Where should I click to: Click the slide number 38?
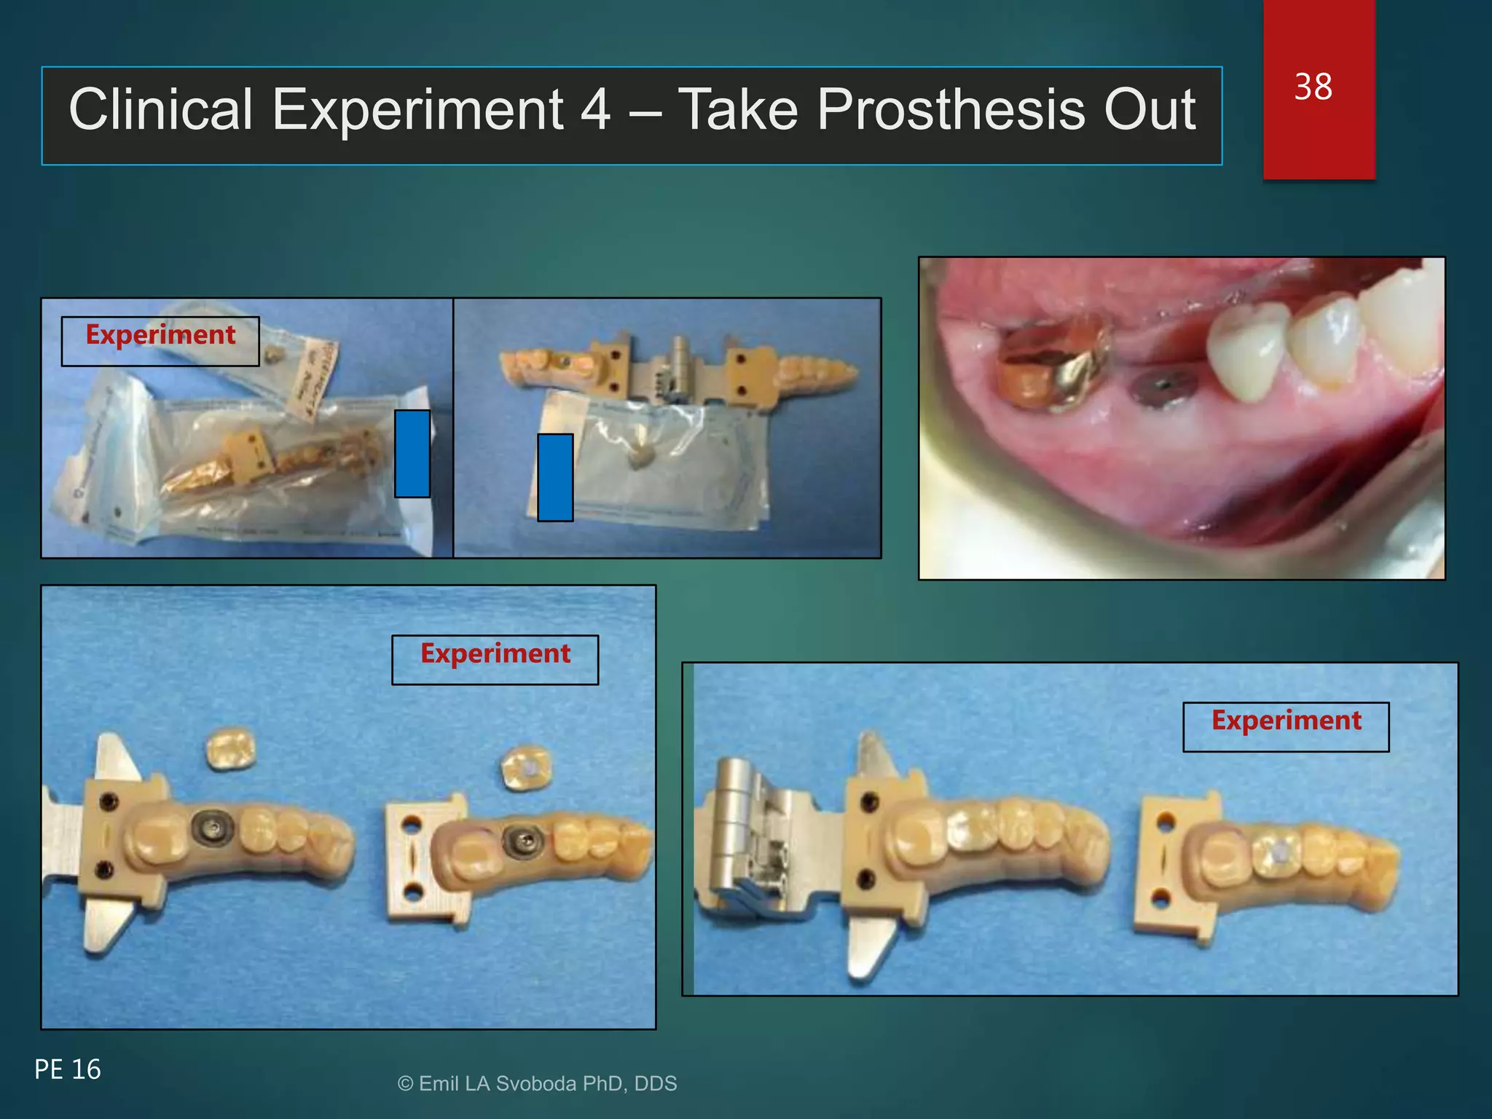pos(1313,87)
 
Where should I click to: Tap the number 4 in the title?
pos(595,110)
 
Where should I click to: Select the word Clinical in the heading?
pos(160,110)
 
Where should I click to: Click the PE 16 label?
pos(68,1069)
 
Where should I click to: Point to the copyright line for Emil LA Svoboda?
pos(537,1084)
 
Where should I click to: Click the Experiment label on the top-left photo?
pos(160,336)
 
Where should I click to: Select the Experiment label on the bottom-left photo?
pos(495,654)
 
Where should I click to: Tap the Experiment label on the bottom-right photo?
pos(1286,721)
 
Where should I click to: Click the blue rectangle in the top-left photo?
pos(412,453)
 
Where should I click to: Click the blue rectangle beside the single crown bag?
pos(555,477)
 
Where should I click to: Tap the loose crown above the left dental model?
pos(230,748)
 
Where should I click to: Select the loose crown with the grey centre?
pos(528,767)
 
